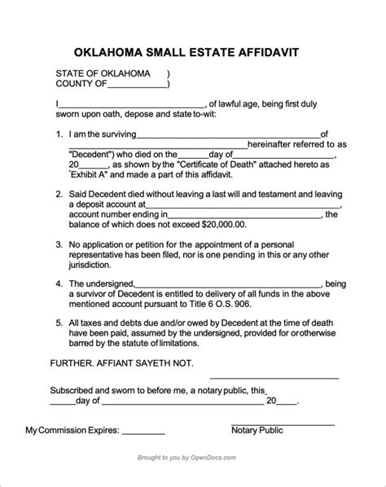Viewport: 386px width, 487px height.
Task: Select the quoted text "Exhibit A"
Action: click(x=94, y=174)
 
